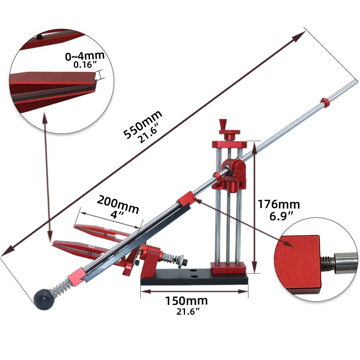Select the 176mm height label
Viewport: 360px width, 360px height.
[x=278, y=204]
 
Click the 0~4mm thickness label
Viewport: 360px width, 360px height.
[x=85, y=56]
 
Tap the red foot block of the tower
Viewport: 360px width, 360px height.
[x=229, y=268]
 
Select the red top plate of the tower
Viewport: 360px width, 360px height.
[x=229, y=144]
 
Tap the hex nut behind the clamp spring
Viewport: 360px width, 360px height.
[x=181, y=260]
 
